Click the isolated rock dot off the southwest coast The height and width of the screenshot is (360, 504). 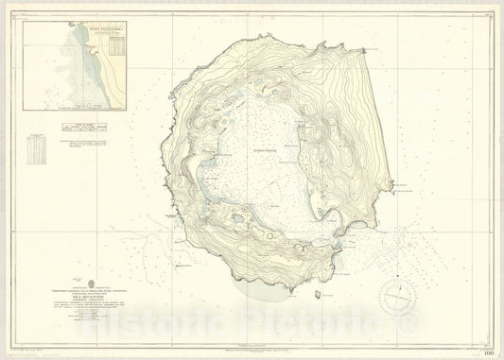point(153,220)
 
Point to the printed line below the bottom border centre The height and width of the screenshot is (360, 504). point(251,351)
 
